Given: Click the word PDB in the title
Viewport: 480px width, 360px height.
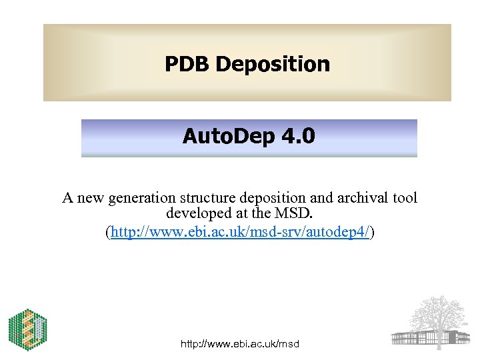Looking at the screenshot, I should [187, 64].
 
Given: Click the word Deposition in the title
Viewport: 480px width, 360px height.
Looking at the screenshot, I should [273, 64].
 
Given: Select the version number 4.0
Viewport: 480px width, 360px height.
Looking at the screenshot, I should [297, 137].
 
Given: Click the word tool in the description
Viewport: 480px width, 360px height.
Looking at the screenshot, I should [405, 198].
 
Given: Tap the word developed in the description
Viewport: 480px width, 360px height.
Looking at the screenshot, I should [197, 215].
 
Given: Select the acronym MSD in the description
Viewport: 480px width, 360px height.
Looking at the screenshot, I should [295, 215].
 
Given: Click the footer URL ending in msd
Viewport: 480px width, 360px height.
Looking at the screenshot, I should [240, 344].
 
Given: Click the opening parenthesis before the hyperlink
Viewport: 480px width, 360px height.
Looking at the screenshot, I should [109, 232].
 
